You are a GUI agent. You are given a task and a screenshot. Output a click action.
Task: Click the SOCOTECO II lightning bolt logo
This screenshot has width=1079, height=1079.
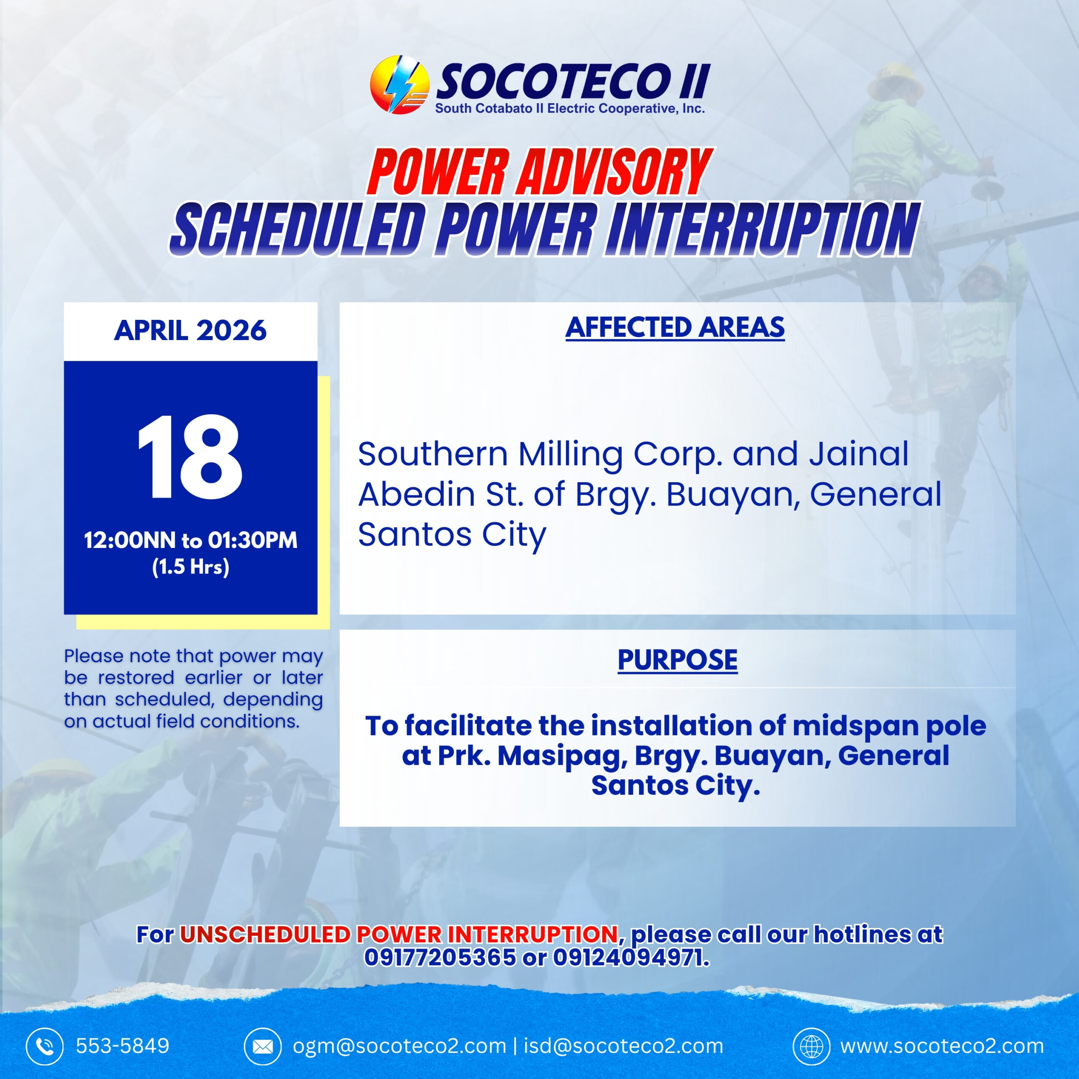[399, 84]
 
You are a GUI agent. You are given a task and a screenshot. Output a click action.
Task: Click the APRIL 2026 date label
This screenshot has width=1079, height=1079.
[191, 330]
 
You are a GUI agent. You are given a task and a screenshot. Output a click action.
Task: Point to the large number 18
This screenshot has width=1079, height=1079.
[190, 457]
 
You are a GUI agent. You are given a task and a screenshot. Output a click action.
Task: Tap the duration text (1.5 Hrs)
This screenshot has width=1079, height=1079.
[191, 567]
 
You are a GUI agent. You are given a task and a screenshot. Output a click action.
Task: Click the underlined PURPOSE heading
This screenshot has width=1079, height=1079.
[677, 660]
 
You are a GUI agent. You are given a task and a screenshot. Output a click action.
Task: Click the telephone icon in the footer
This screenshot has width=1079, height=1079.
[45, 1046]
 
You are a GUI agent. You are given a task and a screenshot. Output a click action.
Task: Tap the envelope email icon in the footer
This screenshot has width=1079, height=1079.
[263, 1046]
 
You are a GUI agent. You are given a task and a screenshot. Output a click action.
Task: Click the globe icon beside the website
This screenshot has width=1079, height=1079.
[811, 1046]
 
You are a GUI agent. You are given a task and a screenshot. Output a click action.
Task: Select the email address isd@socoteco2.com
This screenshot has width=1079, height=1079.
[623, 1046]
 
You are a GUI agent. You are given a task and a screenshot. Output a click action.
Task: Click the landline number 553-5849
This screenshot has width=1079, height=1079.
[122, 1046]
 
